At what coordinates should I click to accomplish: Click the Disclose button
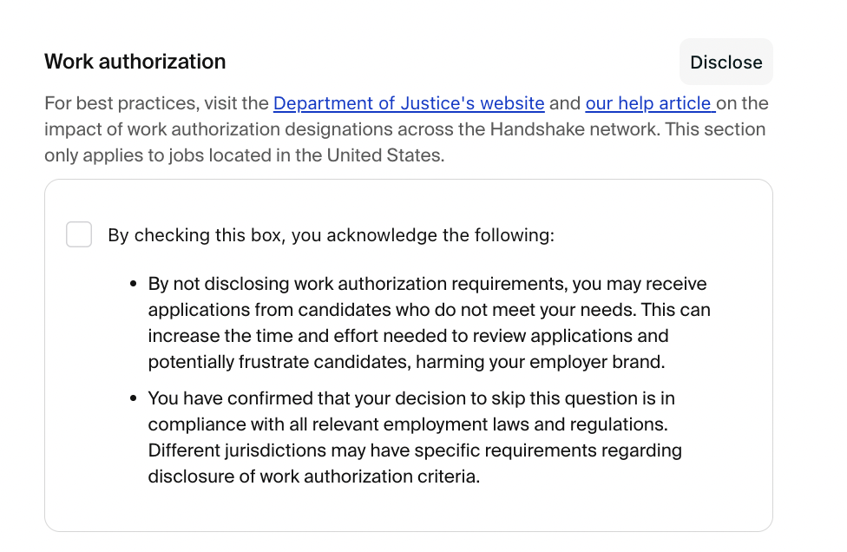726,62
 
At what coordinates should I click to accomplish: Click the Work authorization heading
135,62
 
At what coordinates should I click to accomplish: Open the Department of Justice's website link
409,104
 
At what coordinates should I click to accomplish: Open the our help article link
648,104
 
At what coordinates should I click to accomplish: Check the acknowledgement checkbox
79,234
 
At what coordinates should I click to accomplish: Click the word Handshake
536,130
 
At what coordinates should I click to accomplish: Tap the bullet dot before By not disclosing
134,285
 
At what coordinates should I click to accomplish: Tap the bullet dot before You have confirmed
134,399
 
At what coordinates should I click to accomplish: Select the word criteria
448,477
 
